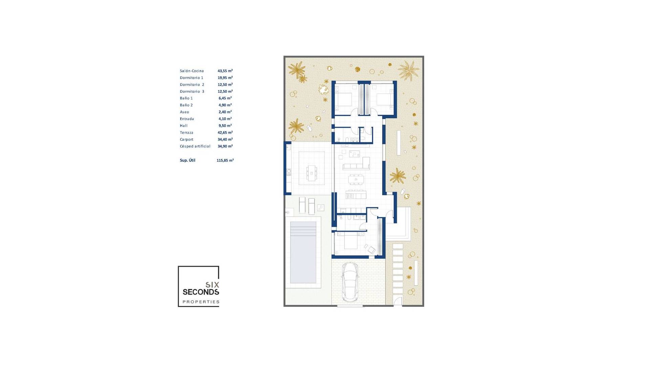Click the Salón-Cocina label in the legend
click(x=192, y=71)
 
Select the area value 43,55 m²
click(x=225, y=71)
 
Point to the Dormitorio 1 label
click(x=191, y=78)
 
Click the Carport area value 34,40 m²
click(x=225, y=139)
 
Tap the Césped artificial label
click(x=195, y=146)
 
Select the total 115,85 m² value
click(x=225, y=160)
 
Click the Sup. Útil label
click(x=187, y=160)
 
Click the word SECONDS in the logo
click(x=201, y=292)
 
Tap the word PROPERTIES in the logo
click(x=201, y=302)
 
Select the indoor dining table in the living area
click(x=356, y=179)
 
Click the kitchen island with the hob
click(x=356, y=195)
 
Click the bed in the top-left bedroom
click(x=345, y=99)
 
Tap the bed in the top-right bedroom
click(x=384, y=99)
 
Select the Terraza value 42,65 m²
click(x=225, y=133)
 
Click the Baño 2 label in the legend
click(x=186, y=105)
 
